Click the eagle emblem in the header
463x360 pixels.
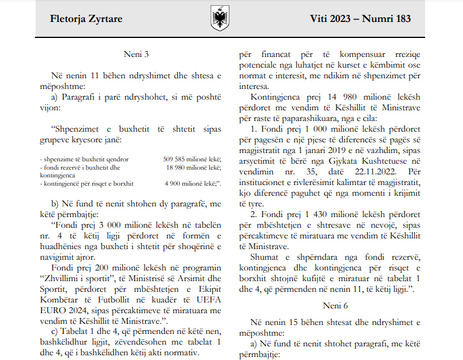pos(220,18)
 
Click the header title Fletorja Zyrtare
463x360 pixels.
pos(87,18)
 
